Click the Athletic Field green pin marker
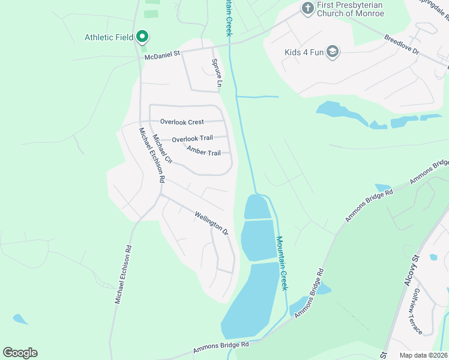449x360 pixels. [x=142, y=37]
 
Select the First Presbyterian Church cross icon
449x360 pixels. [x=307, y=8]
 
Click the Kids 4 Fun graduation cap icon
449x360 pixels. [x=333, y=52]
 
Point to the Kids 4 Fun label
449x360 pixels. [x=304, y=52]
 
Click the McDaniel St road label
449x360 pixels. [x=162, y=55]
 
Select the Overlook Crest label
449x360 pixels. [x=182, y=122]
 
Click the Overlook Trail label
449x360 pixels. [x=192, y=139]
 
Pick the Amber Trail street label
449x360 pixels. [x=203, y=151]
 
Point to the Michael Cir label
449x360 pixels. [x=163, y=149]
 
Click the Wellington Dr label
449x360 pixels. [x=212, y=223]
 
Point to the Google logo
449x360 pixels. [x=20, y=352]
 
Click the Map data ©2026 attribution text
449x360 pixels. [x=423, y=355]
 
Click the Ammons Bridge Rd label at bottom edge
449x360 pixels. [x=221, y=348]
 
